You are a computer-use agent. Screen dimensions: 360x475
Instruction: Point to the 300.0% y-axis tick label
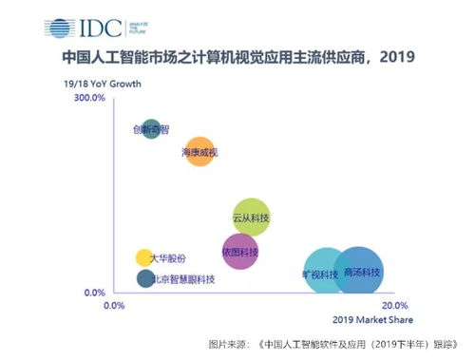click(89, 98)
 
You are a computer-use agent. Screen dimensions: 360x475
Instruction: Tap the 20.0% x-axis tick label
click(393, 305)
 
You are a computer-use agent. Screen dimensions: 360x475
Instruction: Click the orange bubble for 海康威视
click(200, 150)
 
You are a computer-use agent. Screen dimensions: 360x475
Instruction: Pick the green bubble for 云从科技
click(251, 218)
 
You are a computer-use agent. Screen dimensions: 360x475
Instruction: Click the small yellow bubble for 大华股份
click(144, 257)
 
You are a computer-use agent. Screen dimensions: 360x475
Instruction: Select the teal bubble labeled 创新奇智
click(151, 128)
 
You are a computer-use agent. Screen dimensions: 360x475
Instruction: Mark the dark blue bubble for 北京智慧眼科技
click(145, 278)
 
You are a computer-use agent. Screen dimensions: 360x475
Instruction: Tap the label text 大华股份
click(169, 258)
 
